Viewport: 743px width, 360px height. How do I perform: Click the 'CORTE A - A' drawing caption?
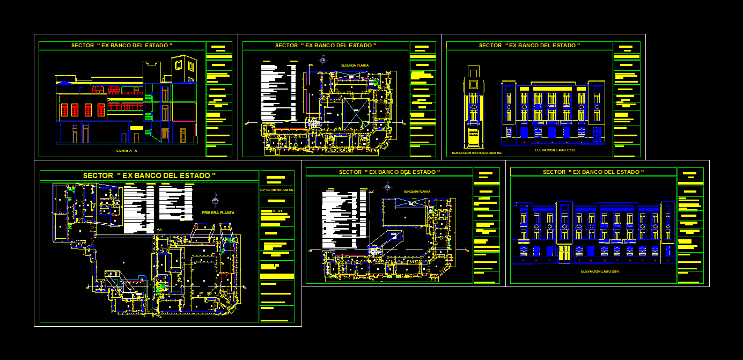coord(127,151)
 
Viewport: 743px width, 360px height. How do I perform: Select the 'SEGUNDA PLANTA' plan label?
coord(355,65)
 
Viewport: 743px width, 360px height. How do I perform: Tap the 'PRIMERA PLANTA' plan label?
coord(218,212)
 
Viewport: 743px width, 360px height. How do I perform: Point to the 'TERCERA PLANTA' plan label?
coord(417,191)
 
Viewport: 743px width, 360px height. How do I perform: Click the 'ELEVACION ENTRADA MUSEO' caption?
coord(476,153)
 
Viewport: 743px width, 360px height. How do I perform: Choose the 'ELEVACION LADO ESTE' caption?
coord(555,150)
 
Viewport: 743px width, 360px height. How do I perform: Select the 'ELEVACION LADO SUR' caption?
coord(599,271)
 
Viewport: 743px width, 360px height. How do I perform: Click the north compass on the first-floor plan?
coord(215,201)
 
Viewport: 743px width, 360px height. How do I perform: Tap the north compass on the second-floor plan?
coord(322,60)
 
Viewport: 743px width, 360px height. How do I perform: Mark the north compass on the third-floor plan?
coord(387,187)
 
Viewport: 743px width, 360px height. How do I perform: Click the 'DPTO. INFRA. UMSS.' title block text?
coord(276,189)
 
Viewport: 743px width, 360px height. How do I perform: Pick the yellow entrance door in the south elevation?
coord(563,253)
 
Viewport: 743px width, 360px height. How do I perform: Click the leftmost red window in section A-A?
coord(64,110)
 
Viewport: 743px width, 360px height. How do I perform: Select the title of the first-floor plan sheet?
coord(149,175)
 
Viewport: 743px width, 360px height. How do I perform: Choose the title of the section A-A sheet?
coord(122,46)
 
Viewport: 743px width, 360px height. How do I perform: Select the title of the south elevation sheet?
coord(593,172)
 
